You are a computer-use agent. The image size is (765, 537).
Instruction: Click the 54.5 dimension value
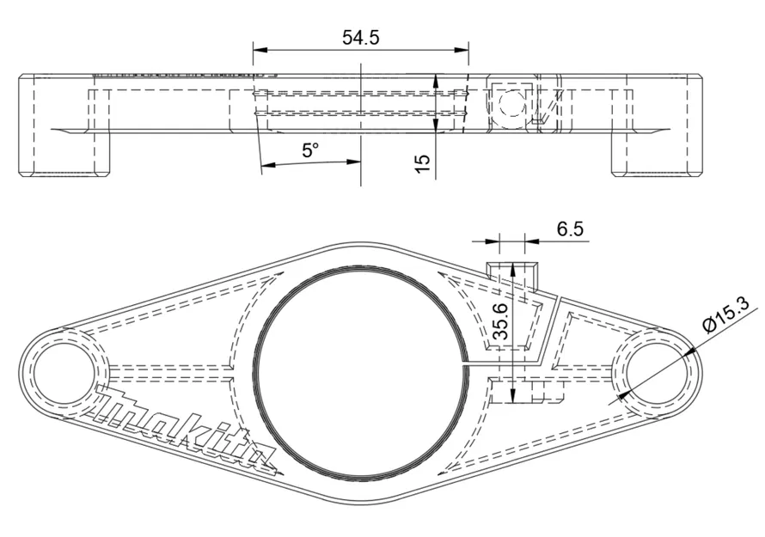coord(361,37)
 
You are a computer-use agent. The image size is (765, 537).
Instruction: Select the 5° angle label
coord(310,150)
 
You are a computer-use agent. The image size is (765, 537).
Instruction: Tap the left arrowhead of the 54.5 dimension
coord(259,50)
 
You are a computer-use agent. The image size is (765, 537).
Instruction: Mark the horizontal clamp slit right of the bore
coord(507,363)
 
